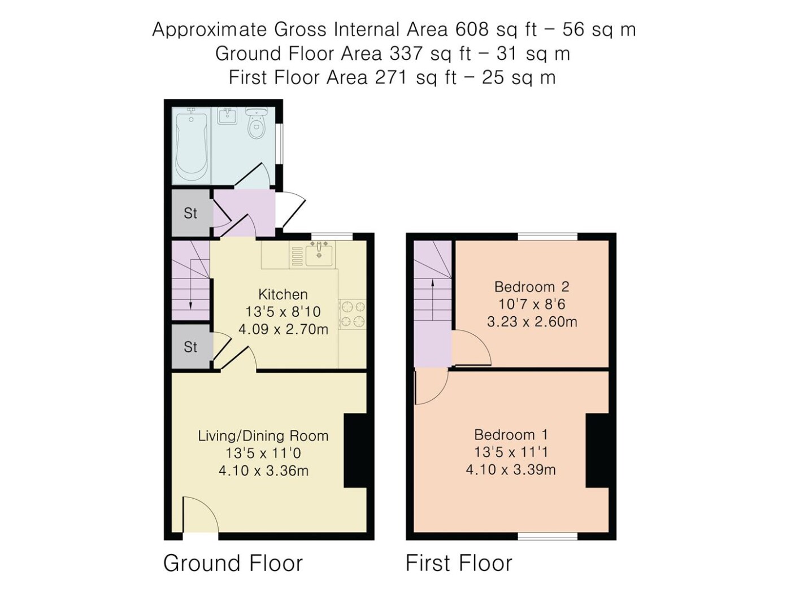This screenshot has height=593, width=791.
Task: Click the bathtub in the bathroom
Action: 192,146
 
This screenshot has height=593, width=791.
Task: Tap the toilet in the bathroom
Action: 256,123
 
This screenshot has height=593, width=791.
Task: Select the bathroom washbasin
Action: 227,116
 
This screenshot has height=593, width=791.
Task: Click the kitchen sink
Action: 319,254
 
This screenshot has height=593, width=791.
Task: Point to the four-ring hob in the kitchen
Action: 352,314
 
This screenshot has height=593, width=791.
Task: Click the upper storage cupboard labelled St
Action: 190,213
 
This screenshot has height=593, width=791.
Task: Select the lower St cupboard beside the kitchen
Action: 190,347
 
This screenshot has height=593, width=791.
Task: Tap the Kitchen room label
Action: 283,294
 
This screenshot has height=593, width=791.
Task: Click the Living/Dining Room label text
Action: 263,436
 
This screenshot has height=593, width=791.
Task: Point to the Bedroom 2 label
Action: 532,287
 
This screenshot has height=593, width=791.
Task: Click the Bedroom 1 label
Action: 511,434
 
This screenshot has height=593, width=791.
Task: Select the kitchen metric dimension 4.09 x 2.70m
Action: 283,329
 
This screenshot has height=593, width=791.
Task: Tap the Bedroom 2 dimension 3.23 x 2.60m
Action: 532,321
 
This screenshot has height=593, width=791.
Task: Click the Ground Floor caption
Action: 233,563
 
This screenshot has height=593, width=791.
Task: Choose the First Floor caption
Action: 459,563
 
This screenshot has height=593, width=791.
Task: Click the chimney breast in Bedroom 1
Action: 597,451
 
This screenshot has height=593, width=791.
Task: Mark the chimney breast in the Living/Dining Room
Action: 355,451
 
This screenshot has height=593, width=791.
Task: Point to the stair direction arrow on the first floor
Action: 432,300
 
